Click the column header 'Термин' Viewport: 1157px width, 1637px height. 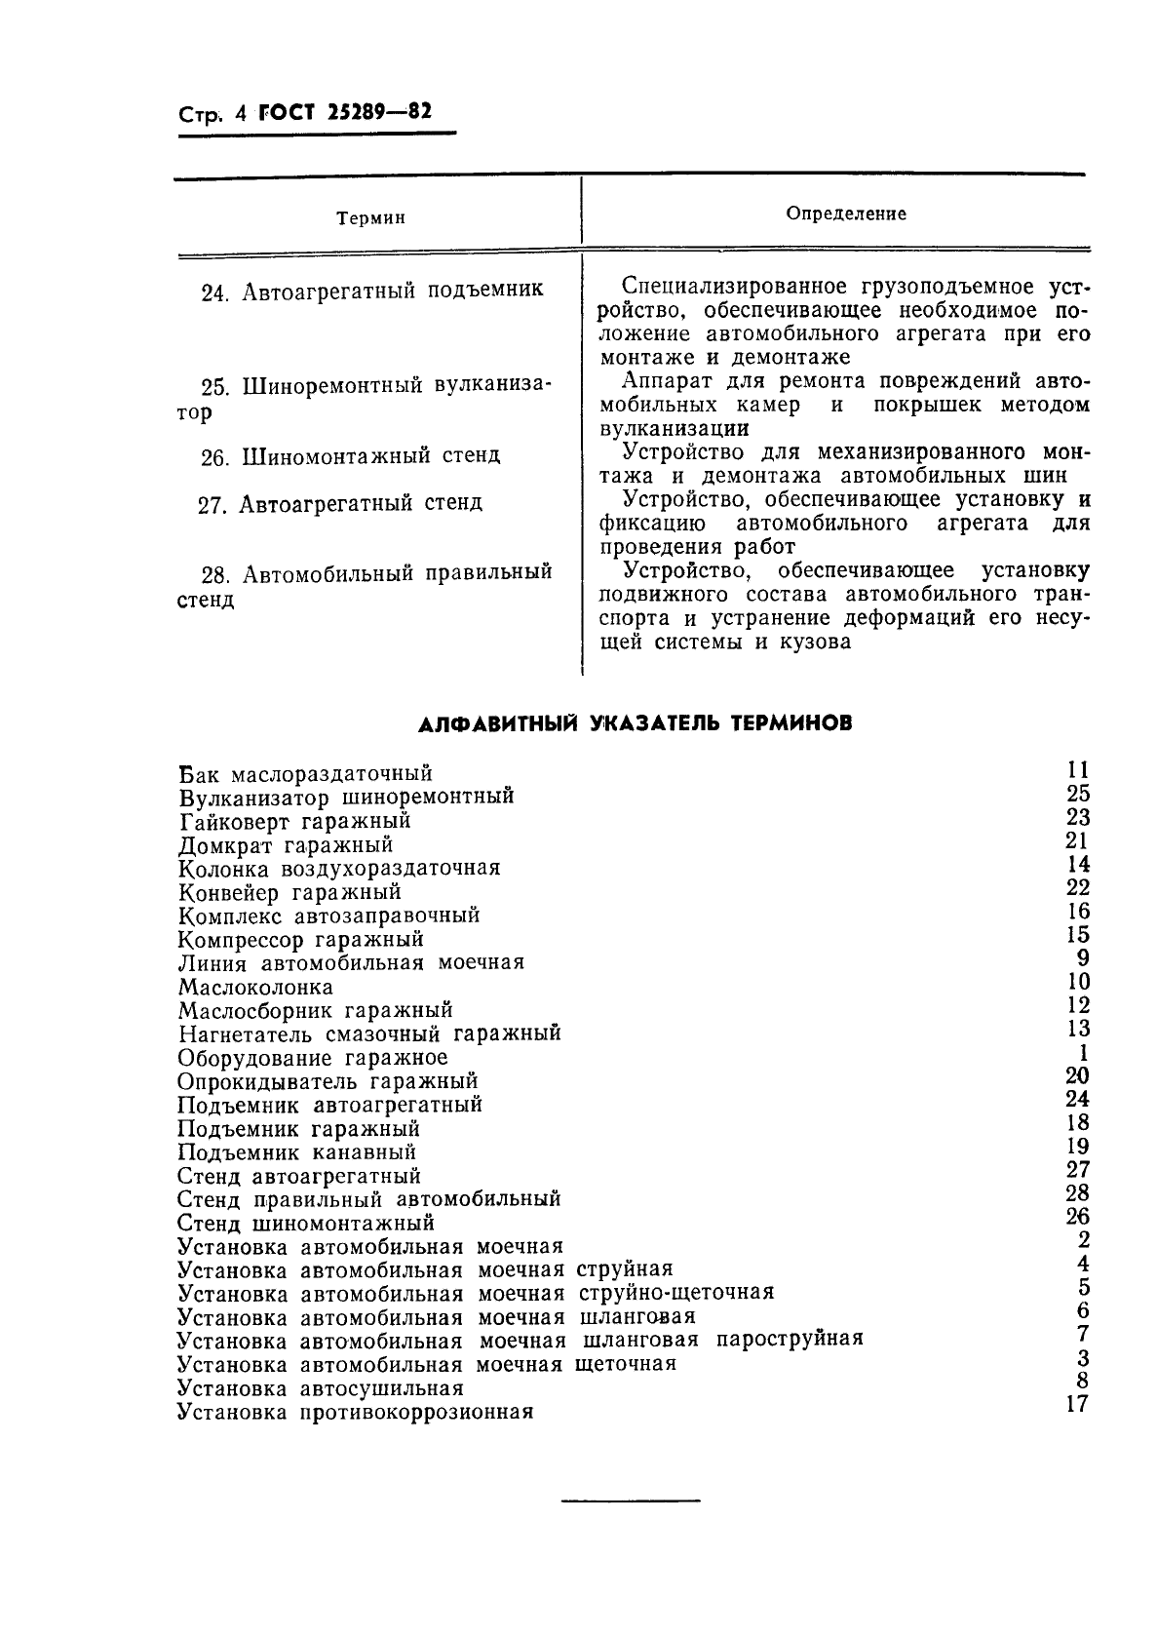coord(370,218)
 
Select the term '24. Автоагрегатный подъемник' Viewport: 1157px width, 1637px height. coord(371,291)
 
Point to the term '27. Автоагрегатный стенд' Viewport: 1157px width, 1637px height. coord(340,503)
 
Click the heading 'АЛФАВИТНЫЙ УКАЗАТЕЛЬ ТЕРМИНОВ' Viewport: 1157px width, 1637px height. coord(635,723)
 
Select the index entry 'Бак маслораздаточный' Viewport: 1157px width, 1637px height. coord(305,774)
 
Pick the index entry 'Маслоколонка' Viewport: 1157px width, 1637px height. coord(255,987)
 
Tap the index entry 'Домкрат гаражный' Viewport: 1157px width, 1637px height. coord(286,845)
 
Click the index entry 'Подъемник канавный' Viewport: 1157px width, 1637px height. coord(297,1152)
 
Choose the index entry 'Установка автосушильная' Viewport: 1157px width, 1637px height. coord(320,1387)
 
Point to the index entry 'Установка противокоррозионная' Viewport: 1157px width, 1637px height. coord(355,1412)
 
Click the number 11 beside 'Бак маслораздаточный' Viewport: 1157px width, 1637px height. coord(1077,770)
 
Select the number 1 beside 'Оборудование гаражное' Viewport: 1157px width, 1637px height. coord(1083,1053)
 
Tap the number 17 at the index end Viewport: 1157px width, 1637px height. coord(1077,1405)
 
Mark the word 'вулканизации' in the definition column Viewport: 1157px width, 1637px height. coord(674,428)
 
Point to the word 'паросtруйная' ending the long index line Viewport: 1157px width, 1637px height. coord(790,1339)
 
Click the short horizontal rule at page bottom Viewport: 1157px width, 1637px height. coord(631,1500)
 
